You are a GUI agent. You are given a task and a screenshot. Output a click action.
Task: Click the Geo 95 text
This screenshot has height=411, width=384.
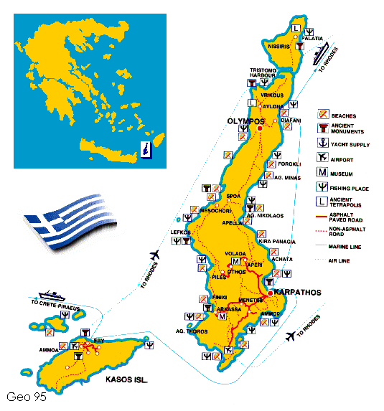(27, 397)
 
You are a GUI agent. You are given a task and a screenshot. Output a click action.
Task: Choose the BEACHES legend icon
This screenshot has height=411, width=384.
(324, 115)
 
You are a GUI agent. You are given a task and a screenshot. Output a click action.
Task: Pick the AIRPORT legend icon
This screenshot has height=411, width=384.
(324, 158)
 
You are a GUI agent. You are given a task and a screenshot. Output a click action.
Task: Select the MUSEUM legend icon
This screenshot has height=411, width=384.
(324, 173)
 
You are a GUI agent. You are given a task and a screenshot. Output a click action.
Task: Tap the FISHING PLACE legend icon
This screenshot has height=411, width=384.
(324, 188)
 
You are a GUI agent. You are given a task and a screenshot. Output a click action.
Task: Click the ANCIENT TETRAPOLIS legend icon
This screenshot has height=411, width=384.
(324, 204)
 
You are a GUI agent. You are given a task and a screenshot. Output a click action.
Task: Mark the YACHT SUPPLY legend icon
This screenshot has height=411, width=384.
(324, 143)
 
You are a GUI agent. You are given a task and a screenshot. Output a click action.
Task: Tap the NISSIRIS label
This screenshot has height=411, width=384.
(278, 46)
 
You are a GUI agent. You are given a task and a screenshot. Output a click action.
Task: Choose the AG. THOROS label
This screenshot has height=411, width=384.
(191, 331)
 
